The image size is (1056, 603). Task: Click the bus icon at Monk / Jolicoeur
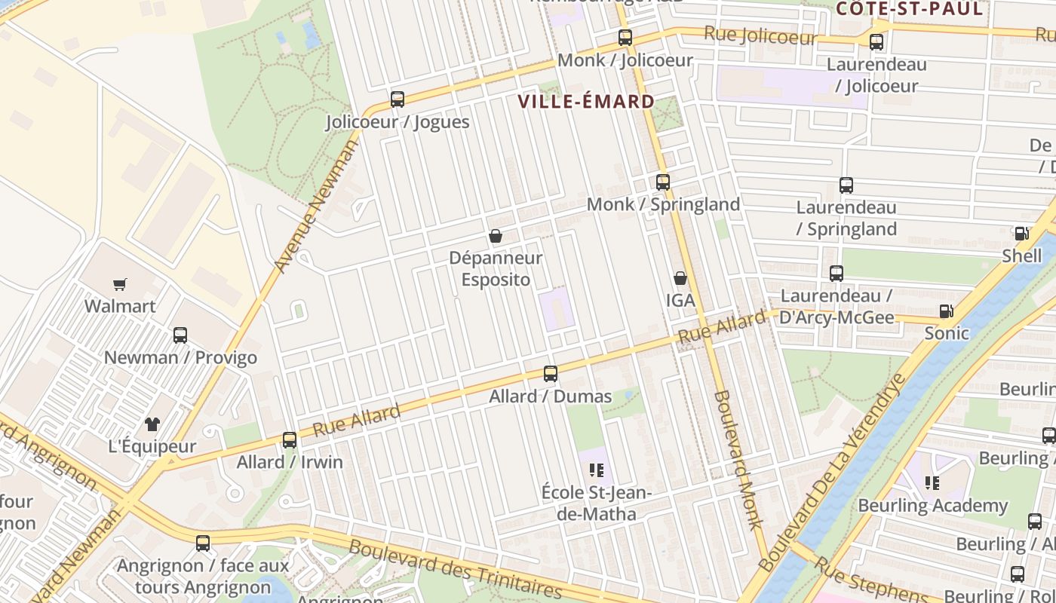(625, 37)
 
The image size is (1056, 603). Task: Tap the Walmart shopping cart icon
(120, 284)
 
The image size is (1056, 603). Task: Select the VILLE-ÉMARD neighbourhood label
(586, 102)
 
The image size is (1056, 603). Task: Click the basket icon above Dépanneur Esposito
(496, 236)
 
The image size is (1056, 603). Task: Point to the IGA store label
(680, 300)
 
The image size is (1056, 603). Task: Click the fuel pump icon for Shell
(1021, 234)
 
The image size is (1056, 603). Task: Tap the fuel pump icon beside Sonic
(946, 311)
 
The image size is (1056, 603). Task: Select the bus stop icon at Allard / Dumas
(551, 373)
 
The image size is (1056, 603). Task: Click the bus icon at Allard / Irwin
(290, 439)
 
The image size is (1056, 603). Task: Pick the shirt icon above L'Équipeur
(152, 424)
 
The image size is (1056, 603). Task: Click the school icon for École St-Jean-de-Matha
(597, 471)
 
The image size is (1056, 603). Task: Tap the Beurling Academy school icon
(932, 483)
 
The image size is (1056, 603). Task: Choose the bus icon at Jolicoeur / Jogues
(398, 99)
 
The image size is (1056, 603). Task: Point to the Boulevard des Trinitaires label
(455, 568)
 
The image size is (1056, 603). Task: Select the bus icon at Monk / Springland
(662, 182)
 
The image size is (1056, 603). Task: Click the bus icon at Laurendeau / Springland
(846, 185)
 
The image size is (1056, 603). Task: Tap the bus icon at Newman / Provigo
(180, 335)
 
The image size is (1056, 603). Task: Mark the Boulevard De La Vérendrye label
(833, 471)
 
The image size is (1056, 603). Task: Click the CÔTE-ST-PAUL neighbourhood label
(909, 9)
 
